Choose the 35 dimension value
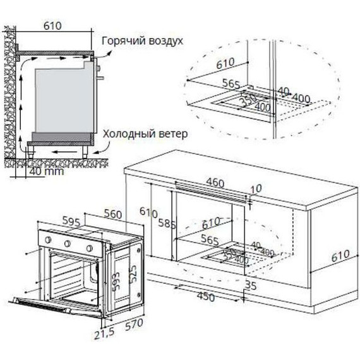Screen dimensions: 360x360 pyautogui.click(x=251, y=285)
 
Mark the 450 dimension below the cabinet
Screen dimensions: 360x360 pyautogui.click(x=206, y=297)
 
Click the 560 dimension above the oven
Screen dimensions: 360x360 pyautogui.click(x=113, y=214)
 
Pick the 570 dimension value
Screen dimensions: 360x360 pyautogui.click(x=134, y=326)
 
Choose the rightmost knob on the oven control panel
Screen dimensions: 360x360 pyautogui.click(x=89, y=247)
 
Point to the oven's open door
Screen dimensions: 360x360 pyautogui.click(x=57, y=305)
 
